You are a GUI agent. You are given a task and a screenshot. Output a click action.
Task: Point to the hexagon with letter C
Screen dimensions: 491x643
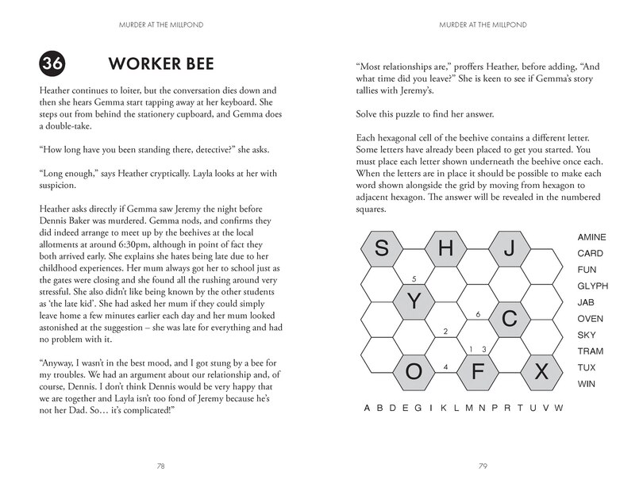[x=511, y=319]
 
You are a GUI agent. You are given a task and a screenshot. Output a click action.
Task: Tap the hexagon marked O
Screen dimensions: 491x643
[x=414, y=370]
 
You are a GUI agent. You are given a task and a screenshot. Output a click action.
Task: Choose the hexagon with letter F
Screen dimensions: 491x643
[x=479, y=370]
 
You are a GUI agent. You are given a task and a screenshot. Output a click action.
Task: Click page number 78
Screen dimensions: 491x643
[x=160, y=465]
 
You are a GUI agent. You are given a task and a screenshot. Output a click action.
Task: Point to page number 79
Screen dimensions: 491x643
[x=482, y=465]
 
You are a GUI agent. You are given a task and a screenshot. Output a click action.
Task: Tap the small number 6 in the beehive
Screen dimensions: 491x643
[x=478, y=314]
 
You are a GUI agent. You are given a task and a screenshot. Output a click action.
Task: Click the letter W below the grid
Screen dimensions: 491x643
[x=559, y=408]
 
